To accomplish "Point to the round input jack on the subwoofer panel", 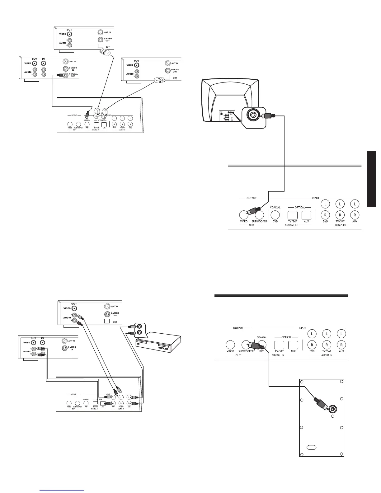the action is [333, 409].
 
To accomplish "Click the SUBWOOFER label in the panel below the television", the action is [260, 221].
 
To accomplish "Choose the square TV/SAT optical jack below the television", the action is [293, 215].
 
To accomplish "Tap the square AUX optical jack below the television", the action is [307, 215].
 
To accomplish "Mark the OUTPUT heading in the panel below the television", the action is [252, 198].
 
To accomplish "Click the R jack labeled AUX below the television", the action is [355, 215].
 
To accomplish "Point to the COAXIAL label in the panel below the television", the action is [275, 207].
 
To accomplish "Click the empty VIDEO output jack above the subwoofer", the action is [230, 345].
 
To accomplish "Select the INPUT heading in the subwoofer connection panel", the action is [302, 328].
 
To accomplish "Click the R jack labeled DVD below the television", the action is [325, 215].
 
